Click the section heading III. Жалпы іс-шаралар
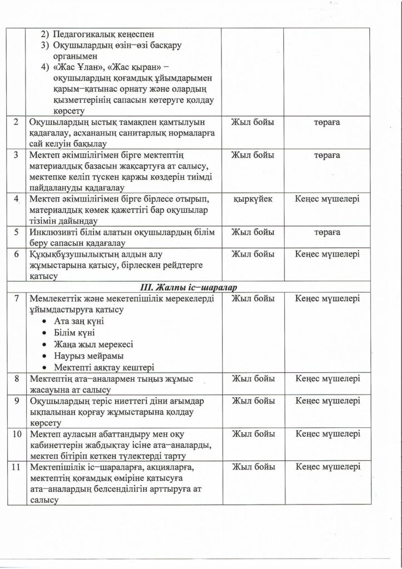coord(201,287)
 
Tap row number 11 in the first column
coord(17,467)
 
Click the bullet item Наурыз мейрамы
coord(89,356)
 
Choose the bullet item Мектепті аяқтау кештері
coord(104,367)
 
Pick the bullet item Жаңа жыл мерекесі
coord(94,344)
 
